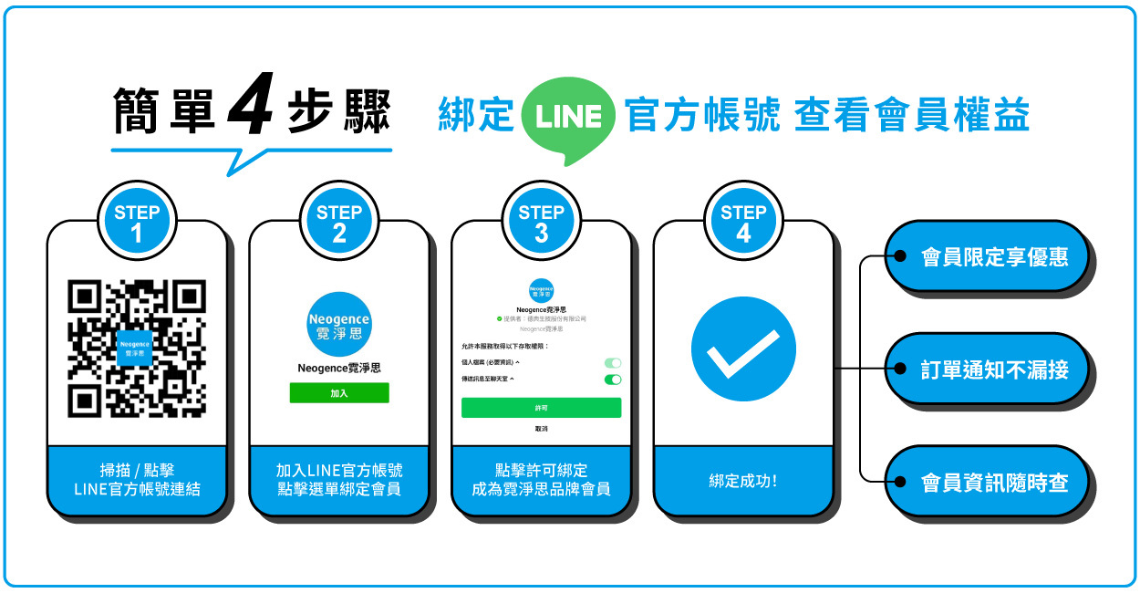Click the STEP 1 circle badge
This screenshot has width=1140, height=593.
coord(137,224)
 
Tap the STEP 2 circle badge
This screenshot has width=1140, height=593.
coord(339,224)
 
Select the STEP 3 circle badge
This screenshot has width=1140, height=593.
coord(541,224)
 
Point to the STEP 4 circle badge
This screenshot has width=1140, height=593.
coord(743,224)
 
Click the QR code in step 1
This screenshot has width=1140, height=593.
coord(137,349)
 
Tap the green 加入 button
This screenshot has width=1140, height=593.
coord(339,392)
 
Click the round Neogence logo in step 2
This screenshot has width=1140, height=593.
coord(339,324)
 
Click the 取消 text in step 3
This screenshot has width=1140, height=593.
coord(541,428)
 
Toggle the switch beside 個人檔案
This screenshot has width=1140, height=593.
coord(613,363)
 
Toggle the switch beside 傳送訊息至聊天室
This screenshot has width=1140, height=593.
coord(613,379)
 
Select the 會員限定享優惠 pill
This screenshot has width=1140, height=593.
coord(989,256)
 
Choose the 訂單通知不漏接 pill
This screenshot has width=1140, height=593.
coord(989,369)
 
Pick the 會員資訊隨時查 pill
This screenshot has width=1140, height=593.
coord(989,482)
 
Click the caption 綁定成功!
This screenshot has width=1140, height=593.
coord(743,481)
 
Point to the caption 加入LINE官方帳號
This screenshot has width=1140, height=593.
coord(339,471)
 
